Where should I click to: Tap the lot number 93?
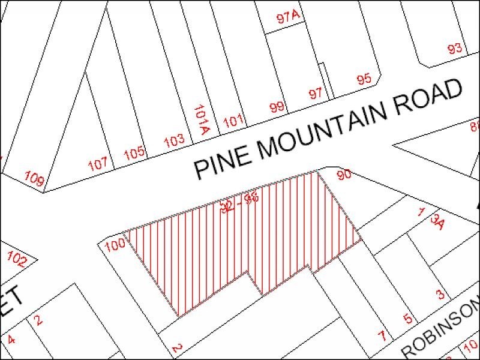click(x=455, y=49)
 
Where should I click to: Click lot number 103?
click(x=174, y=142)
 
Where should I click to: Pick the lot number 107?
click(x=98, y=163)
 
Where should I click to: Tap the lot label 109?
click(x=35, y=178)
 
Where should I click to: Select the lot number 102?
click(x=17, y=260)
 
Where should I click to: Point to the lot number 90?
click(x=344, y=175)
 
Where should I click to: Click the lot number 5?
click(x=407, y=318)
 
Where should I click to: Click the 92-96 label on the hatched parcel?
click(x=239, y=203)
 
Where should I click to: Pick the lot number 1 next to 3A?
click(x=422, y=212)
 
